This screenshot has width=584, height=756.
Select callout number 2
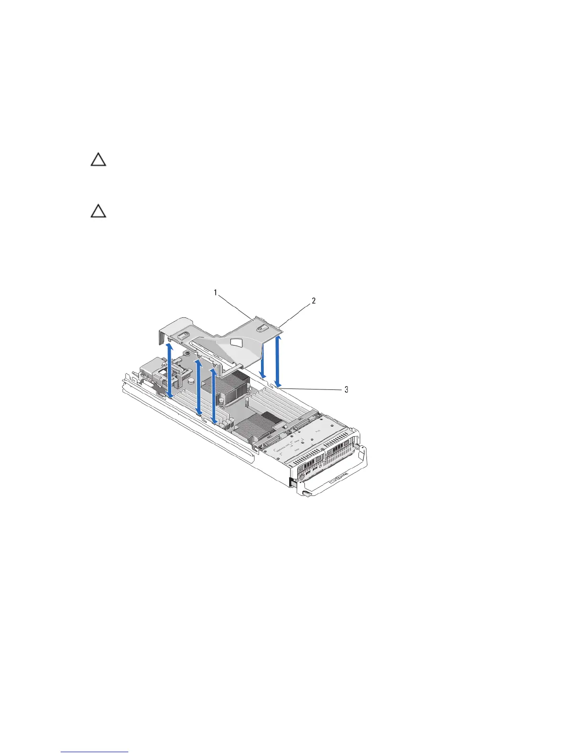313,301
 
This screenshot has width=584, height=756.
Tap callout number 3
346,389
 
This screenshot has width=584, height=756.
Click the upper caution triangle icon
98,160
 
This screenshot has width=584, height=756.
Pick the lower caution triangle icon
98,211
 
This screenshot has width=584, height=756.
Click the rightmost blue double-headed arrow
278,360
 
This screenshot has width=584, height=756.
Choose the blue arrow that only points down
262,365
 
